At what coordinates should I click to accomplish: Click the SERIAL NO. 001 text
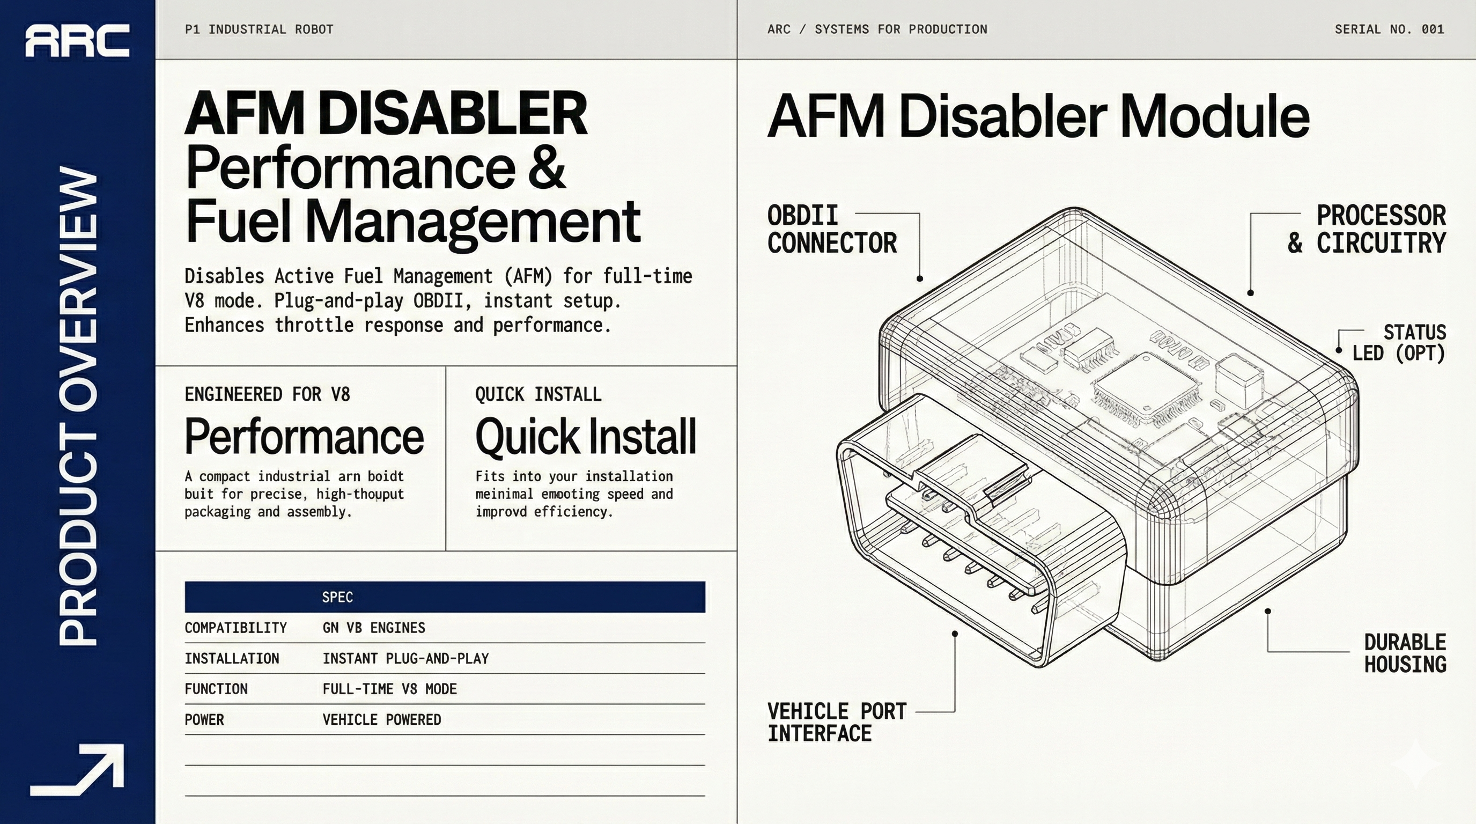(x=1389, y=29)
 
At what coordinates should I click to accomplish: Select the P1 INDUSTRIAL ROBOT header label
(x=259, y=29)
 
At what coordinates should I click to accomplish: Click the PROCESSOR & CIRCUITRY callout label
(x=1367, y=229)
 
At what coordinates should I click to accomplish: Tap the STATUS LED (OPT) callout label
(x=1399, y=343)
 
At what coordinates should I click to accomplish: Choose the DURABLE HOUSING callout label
(x=1405, y=653)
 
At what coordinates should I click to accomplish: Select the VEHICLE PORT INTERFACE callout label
(x=837, y=722)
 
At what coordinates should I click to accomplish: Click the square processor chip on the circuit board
(x=1147, y=390)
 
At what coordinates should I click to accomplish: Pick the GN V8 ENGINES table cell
(x=374, y=628)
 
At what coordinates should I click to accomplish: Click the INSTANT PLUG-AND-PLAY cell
(x=405, y=658)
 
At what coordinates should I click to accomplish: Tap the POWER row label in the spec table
(x=204, y=720)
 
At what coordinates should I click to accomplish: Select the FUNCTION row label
(x=216, y=689)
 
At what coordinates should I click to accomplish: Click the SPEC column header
(x=337, y=597)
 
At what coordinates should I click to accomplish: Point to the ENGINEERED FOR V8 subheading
(x=267, y=394)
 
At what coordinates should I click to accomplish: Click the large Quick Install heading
(x=586, y=437)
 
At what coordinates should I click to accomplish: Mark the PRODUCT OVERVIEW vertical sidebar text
(x=78, y=407)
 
